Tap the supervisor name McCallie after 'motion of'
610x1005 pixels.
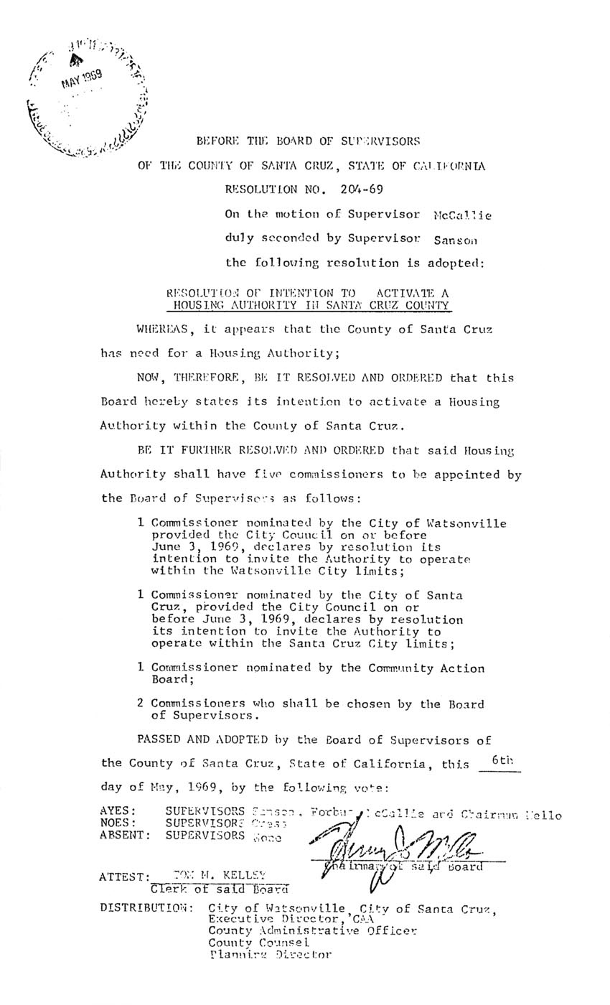coord(463,215)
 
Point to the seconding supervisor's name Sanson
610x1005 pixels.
coord(456,239)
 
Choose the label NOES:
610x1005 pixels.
coord(115,823)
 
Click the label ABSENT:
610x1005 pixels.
coord(126,836)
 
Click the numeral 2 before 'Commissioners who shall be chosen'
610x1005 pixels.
coord(141,703)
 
